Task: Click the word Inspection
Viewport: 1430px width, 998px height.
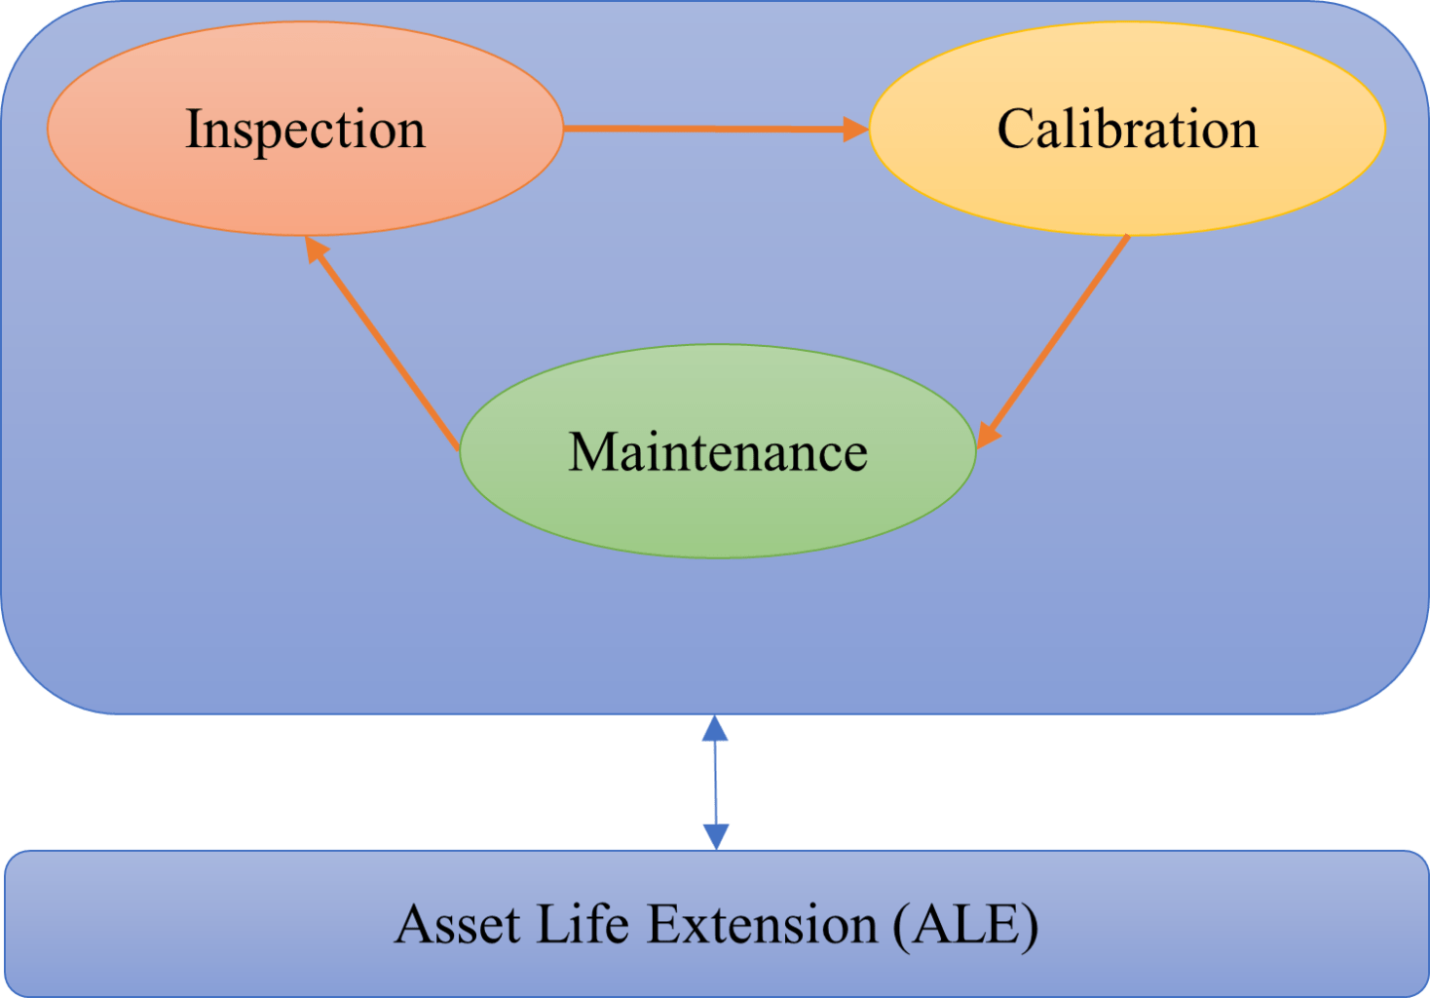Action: (x=305, y=130)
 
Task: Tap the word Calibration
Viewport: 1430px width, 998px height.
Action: (x=1127, y=129)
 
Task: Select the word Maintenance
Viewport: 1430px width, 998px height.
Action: (x=718, y=452)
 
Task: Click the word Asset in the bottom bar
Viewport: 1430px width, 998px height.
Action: (x=457, y=924)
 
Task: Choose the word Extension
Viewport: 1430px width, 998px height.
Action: (x=762, y=924)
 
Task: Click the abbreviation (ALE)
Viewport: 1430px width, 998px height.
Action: (x=966, y=925)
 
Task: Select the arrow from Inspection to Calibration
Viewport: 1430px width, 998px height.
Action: (x=716, y=129)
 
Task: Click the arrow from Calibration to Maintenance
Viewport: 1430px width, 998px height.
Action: (x=1053, y=342)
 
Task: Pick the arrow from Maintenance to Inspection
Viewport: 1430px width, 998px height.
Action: (x=382, y=343)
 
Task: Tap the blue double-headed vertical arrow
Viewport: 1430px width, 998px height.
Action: (x=716, y=783)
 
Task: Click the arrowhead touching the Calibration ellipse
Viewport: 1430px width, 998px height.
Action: (x=856, y=129)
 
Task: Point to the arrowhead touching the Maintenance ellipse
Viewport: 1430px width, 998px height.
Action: (x=987, y=435)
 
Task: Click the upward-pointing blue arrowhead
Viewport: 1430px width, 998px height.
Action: (x=715, y=728)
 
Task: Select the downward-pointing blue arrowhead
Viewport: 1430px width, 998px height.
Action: (x=716, y=837)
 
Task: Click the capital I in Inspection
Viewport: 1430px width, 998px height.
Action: (x=194, y=129)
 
